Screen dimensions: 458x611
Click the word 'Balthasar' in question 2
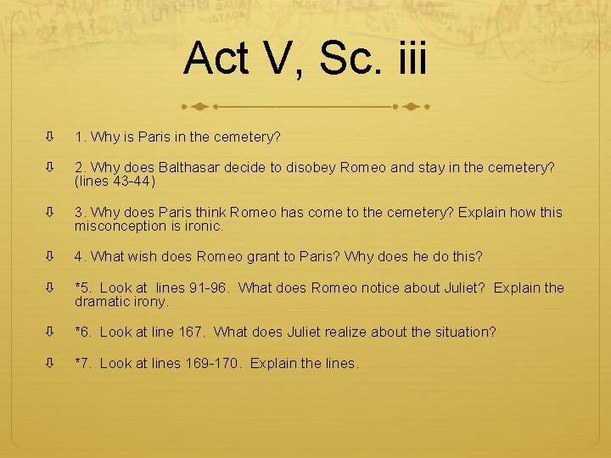coord(192,168)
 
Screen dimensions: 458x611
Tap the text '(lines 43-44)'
coord(115,181)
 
